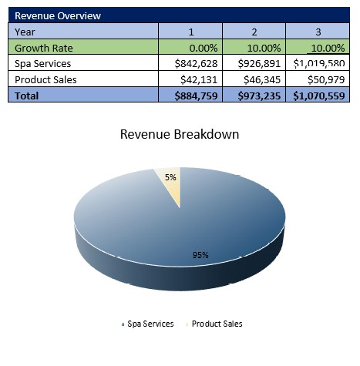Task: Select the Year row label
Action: click(x=25, y=31)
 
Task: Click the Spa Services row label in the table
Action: click(x=43, y=63)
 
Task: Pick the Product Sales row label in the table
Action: click(x=45, y=79)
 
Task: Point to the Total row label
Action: click(x=27, y=96)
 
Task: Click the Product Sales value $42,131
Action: click(x=200, y=79)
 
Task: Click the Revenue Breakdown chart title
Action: click(x=180, y=134)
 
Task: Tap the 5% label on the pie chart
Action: click(x=170, y=177)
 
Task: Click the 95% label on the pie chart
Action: click(x=200, y=255)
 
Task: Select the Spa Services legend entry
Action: click(x=147, y=324)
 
